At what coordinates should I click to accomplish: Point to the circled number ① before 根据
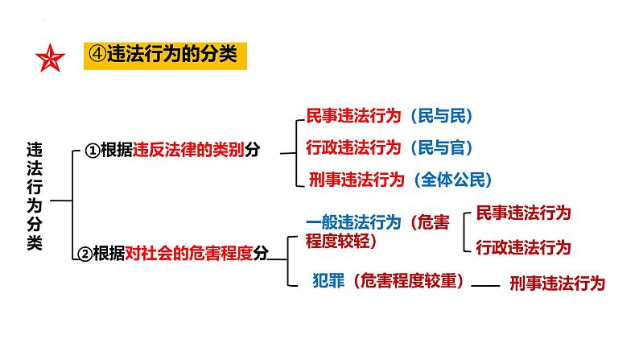tap(92, 151)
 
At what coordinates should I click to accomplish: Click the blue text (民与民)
tap(439, 116)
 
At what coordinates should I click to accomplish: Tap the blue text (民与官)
tap(439, 147)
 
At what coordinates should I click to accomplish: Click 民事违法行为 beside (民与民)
tap(353, 116)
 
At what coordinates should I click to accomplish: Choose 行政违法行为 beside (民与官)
tap(353, 147)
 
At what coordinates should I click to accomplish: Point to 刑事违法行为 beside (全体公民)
tap(356, 180)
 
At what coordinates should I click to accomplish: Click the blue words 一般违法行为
tap(353, 221)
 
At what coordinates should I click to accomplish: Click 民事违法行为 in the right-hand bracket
tap(523, 213)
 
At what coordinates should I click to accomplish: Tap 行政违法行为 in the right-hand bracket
tap(523, 247)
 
